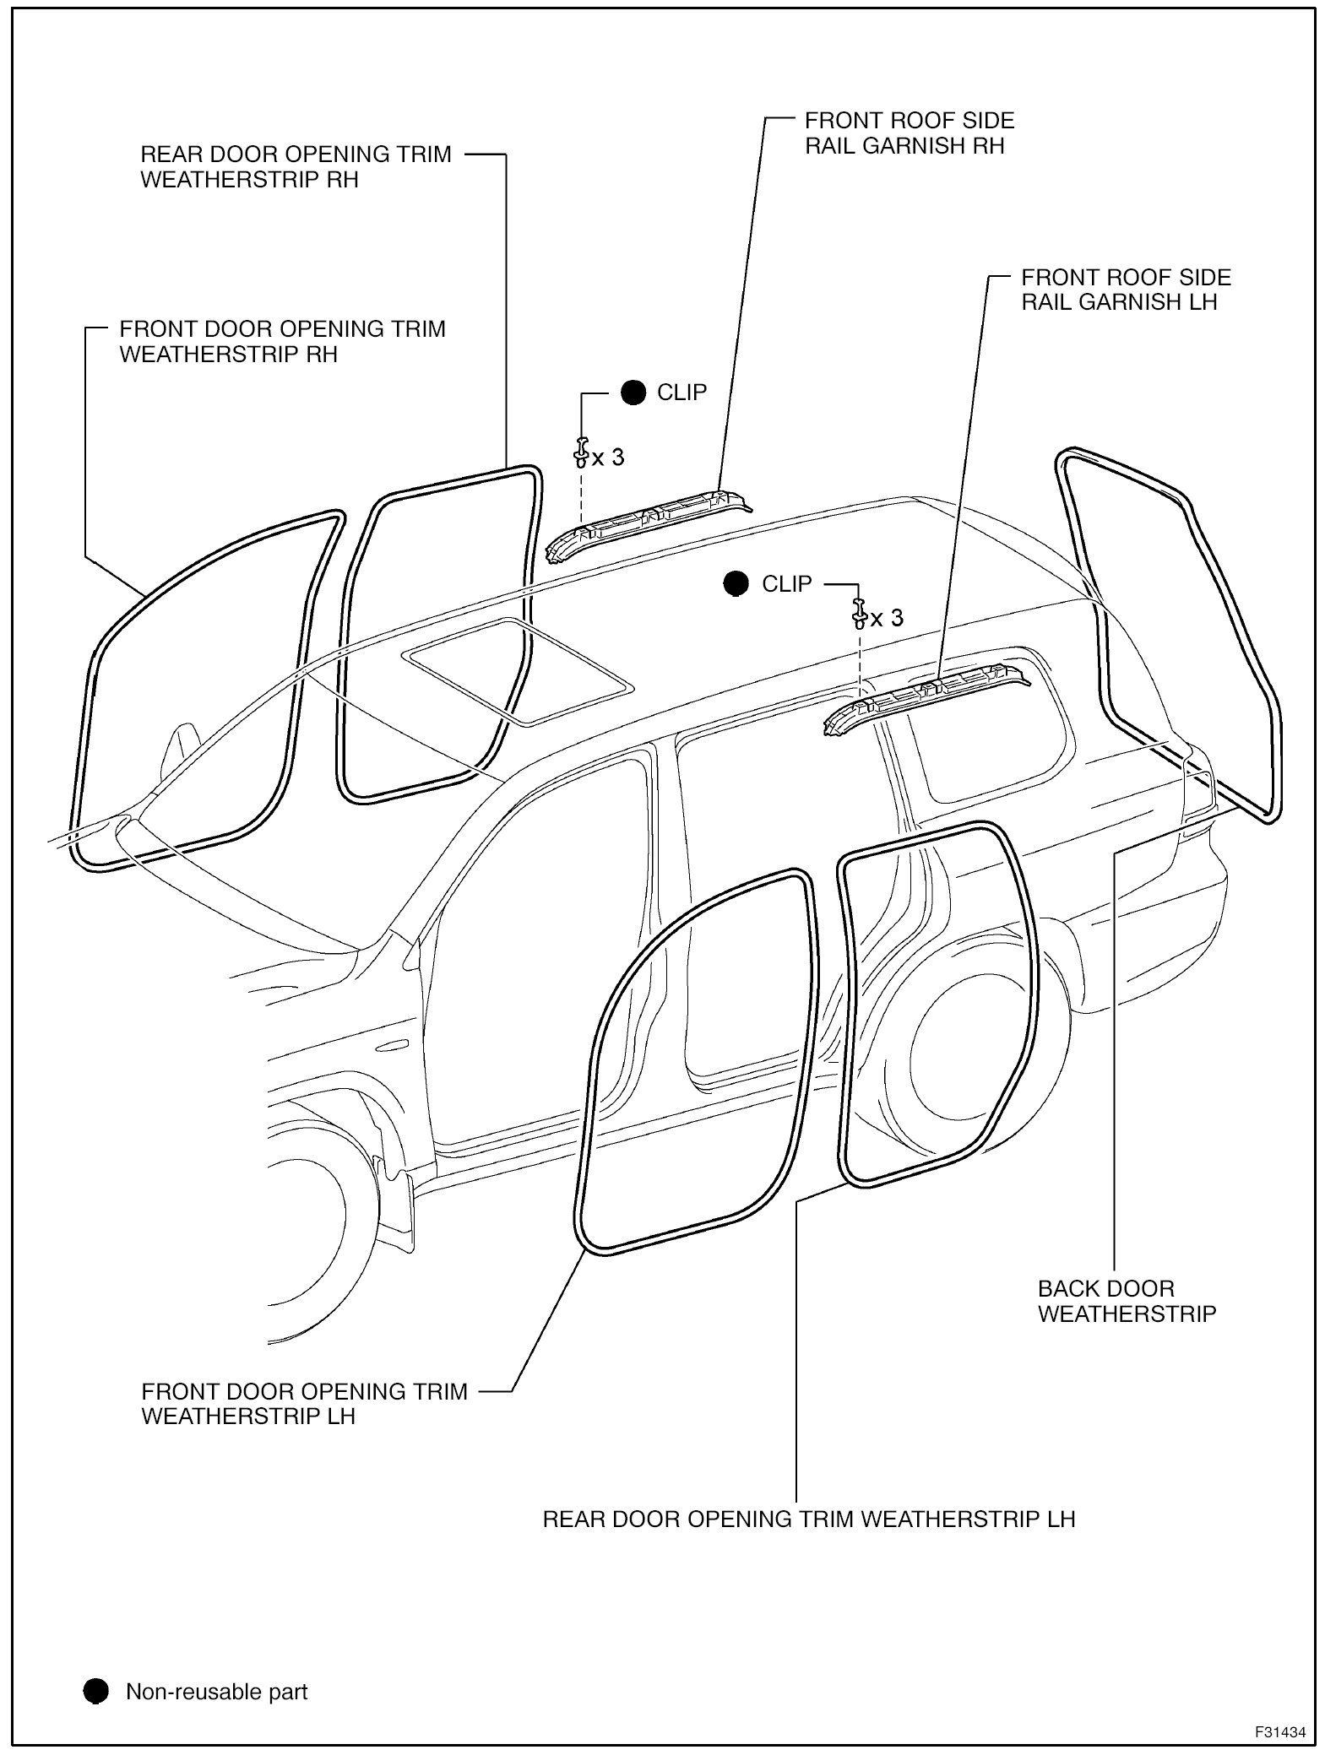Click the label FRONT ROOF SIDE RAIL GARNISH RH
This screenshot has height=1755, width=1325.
tap(909, 133)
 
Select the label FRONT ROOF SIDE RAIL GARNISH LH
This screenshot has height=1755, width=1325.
tap(1126, 290)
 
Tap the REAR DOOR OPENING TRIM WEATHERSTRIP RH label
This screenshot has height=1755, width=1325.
tap(296, 167)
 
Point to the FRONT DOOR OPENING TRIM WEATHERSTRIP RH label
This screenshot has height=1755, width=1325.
tap(282, 341)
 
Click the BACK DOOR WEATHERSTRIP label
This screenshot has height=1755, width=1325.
tap(1127, 1301)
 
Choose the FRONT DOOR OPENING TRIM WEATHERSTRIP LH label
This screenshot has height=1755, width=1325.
tap(304, 1404)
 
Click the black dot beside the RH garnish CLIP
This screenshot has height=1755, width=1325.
tap(633, 393)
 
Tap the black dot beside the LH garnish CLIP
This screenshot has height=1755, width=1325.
tap(736, 583)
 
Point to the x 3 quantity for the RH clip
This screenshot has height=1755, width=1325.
tap(608, 458)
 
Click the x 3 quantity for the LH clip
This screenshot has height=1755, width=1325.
tap(887, 618)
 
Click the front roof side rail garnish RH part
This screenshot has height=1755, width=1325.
tap(646, 523)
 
